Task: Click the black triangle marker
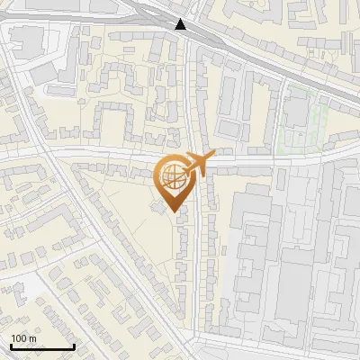(x=182, y=24)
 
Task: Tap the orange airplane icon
(x=196, y=165)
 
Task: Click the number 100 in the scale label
(x=19, y=337)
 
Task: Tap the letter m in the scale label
(x=33, y=337)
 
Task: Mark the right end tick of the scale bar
(x=74, y=346)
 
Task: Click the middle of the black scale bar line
(x=41, y=347)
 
